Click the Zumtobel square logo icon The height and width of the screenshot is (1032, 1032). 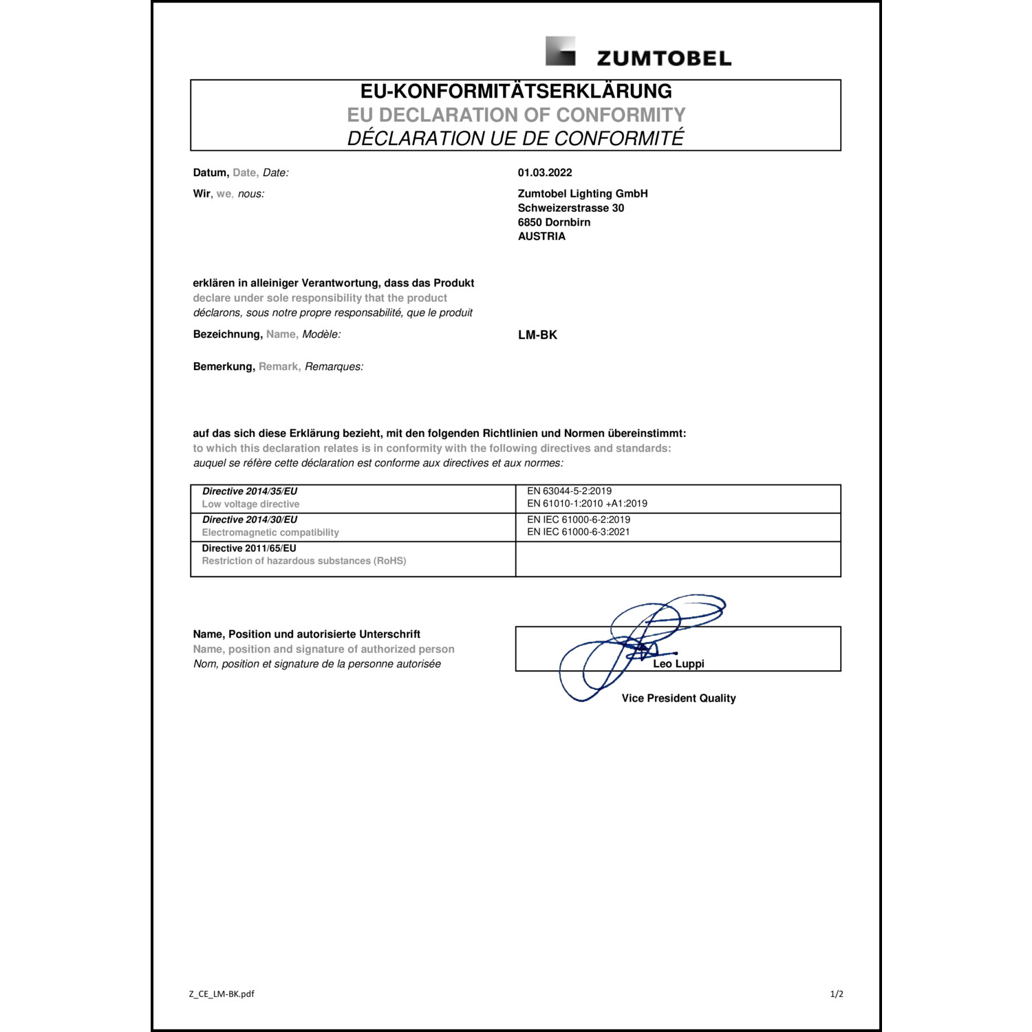point(560,52)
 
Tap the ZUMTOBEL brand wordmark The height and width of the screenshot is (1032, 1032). point(664,58)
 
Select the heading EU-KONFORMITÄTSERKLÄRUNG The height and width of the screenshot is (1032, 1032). point(516,92)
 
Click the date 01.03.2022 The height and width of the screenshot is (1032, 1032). point(545,173)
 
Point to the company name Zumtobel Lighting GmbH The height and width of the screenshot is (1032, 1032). point(583,194)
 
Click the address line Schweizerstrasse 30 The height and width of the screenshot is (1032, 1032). point(571,208)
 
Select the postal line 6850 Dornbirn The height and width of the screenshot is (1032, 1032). point(554,222)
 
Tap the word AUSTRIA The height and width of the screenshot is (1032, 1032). point(541,236)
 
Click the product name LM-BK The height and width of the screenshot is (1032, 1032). point(537,335)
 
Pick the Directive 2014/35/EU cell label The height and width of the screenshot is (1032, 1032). point(250,491)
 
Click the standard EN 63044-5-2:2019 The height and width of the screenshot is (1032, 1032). point(570,491)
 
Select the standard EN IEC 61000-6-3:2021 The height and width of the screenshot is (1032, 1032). point(579,532)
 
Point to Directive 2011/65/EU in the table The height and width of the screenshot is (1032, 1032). point(249,548)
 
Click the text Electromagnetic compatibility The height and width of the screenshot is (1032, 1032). point(270,533)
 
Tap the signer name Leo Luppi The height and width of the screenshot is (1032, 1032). point(678,664)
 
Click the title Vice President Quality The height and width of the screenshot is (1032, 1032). point(678,698)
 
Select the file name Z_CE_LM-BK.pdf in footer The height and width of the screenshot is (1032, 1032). point(222,993)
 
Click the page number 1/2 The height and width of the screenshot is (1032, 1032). point(837,993)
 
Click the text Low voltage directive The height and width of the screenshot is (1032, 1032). point(250,504)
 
